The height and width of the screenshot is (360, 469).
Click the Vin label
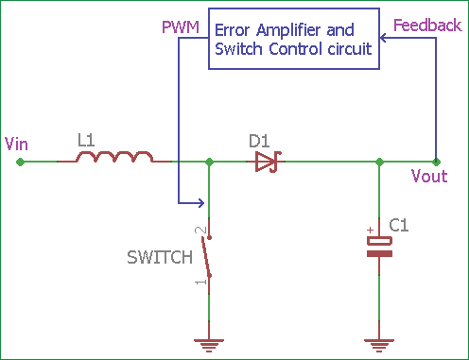click(16, 144)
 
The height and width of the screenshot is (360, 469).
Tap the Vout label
click(429, 177)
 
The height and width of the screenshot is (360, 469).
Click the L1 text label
click(86, 140)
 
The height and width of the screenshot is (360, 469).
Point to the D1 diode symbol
click(266, 162)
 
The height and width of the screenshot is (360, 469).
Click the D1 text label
click(259, 141)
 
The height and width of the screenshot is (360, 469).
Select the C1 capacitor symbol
click(379, 247)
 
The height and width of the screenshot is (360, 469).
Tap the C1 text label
click(399, 225)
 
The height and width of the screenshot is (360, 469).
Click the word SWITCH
click(161, 256)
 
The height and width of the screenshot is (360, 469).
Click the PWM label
click(182, 26)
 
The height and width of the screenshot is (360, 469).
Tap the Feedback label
click(426, 25)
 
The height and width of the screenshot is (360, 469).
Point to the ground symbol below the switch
click(209, 346)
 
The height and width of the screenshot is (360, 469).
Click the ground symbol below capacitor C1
click(379, 346)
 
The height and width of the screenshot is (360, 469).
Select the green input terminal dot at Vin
click(21, 162)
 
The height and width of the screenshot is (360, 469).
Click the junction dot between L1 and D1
click(209, 162)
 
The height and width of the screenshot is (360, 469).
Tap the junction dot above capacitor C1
click(379, 162)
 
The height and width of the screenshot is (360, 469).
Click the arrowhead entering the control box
click(383, 40)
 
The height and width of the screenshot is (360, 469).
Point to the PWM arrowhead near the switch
click(200, 202)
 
